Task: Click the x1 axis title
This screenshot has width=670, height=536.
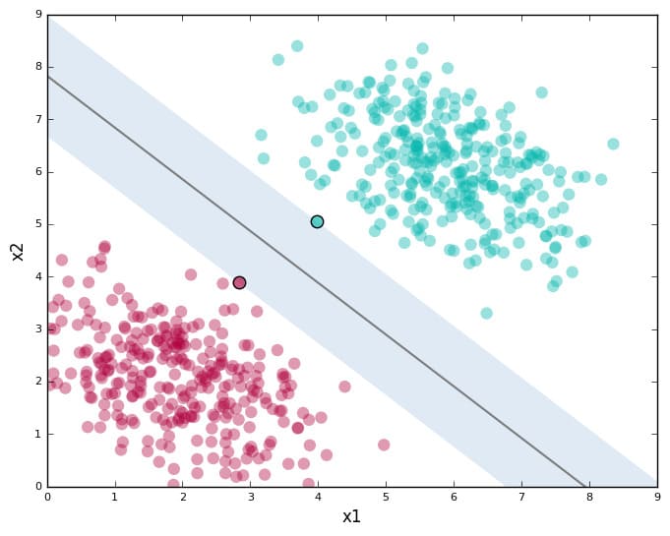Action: [x=351, y=517]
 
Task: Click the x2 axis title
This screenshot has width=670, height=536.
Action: [x=17, y=251]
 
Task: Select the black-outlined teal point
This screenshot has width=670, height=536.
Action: [x=317, y=222]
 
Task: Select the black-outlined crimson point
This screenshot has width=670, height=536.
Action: [x=239, y=282]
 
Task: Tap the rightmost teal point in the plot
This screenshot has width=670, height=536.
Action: [x=613, y=144]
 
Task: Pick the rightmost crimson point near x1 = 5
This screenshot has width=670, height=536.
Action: [x=384, y=445]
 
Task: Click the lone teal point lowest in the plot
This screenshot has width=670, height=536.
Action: [x=486, y=313]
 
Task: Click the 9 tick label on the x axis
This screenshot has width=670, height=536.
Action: [x=657, y=497]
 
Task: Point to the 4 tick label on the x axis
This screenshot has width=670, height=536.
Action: [x=318, y=497]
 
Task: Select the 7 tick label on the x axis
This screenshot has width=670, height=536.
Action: [x=521, y=497]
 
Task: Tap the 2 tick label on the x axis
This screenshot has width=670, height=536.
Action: [x=183, y=497]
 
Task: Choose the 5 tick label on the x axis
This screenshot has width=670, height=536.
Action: [x=386, y=497]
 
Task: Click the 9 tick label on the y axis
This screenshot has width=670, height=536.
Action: [x=37, y=15]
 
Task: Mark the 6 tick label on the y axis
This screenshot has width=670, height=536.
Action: [x=37, y=172]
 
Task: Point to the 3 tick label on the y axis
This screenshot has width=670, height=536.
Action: [x=37, y=329]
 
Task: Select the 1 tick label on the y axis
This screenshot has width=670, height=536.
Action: [x=37, y=434]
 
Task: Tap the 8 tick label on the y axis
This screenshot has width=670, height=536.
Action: [x=37, y=68]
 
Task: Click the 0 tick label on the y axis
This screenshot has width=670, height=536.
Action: [x=37, y=486]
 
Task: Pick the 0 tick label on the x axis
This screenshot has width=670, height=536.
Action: [x=47, y=497]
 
